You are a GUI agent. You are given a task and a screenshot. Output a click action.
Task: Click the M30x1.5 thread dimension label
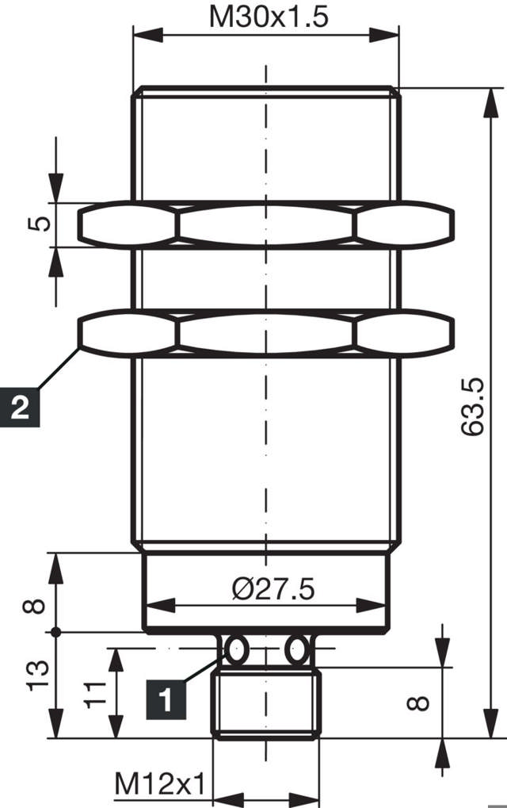tap(268, 17)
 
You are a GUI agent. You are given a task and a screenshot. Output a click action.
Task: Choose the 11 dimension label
tap(94, 692)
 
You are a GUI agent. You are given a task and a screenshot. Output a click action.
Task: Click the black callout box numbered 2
tap(20, 408)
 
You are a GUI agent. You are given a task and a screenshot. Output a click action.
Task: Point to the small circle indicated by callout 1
tap(235, 650)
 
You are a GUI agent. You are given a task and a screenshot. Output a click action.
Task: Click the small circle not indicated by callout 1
tap(297, 650)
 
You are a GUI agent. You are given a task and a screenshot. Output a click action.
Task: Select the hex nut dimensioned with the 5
tap(266, 224)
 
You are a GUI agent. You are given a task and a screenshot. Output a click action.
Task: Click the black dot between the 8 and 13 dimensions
tap(55, 632)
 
